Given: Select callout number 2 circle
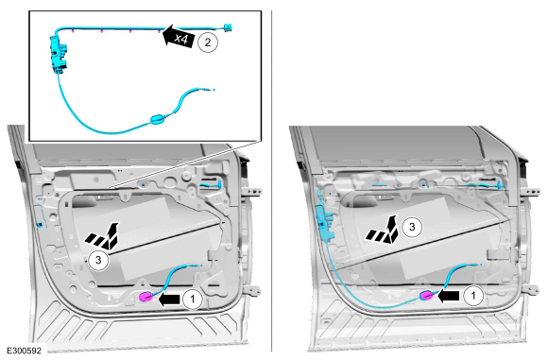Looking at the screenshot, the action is [x=208, y=43].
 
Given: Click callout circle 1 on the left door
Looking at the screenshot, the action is [x=192, y=300].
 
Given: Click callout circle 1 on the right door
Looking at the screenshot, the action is [x=473, y=296].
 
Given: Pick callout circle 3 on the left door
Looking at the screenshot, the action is [x=98, y=260].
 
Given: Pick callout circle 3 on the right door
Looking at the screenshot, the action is [x=412, y=227].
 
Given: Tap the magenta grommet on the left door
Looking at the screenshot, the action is [x=146, y=297].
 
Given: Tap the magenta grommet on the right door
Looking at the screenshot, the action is [x=427, y=296].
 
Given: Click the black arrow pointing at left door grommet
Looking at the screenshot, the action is [x=169, y=300].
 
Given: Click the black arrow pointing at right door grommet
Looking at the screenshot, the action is [x=449, y=297].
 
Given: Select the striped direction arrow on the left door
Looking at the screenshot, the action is [x=103, y=235].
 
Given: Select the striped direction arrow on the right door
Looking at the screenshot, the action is [x=383, y=229].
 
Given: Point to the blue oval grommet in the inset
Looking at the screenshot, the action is [x=157, y=120].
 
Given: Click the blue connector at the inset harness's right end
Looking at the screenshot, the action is [x=228, y=27].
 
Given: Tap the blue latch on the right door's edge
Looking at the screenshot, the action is [x=323, y=224].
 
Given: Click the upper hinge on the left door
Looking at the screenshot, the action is [x=253, y=191].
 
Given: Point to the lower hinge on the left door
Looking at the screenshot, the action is [x=252, y=290].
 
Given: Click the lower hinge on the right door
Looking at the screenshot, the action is [x=531, y=290].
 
